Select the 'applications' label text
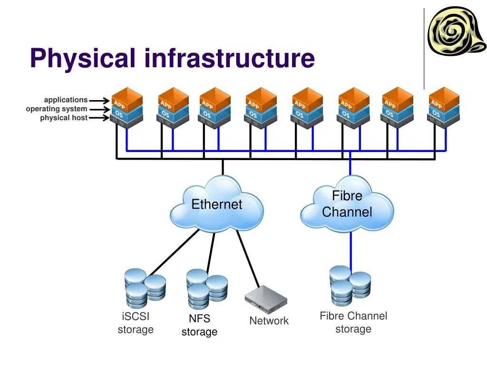[x=66, y=100]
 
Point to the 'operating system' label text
[x=57, y=109]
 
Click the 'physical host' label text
[x=64, y=118]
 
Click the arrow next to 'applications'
[x=99, y=100]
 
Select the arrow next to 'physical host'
[x=99, y=118]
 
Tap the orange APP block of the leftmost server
[x=127, y=100]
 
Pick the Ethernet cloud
[x=217, y=205]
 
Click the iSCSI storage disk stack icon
[x=144, y=288]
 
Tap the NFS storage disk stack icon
[x=206, y=288]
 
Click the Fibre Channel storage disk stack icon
[x=350, y=285]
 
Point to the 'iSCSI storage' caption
[x=136, y=323]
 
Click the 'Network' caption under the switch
[x=269, y=321]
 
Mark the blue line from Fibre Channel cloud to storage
[x=351, y=250]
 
